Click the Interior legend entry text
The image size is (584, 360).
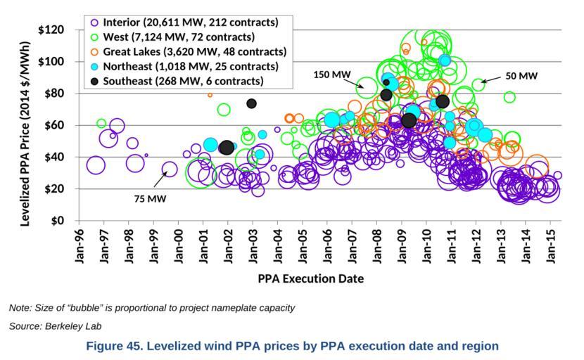(190, 22)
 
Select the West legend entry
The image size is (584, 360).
(179, 37)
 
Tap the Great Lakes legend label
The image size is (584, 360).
(194, 51)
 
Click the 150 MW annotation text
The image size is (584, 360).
(331, 74)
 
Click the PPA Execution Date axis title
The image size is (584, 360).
(310, 278)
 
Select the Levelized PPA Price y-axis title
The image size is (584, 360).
(25, 125)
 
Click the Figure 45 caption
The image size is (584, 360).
(291, 346)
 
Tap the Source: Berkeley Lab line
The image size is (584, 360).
(56, 326)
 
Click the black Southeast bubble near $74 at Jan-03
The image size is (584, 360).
(251, 103)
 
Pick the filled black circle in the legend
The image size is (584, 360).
(94, 81)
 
